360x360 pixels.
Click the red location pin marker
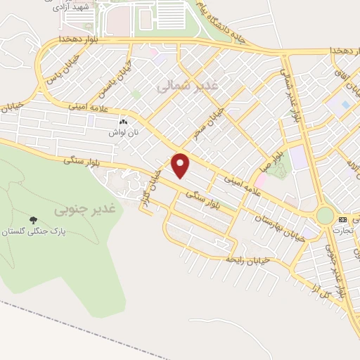click(181, 165)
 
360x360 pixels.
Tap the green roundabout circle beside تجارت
click(325, 215)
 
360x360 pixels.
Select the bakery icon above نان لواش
click(124, 121)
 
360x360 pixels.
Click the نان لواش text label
click(122, 131)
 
